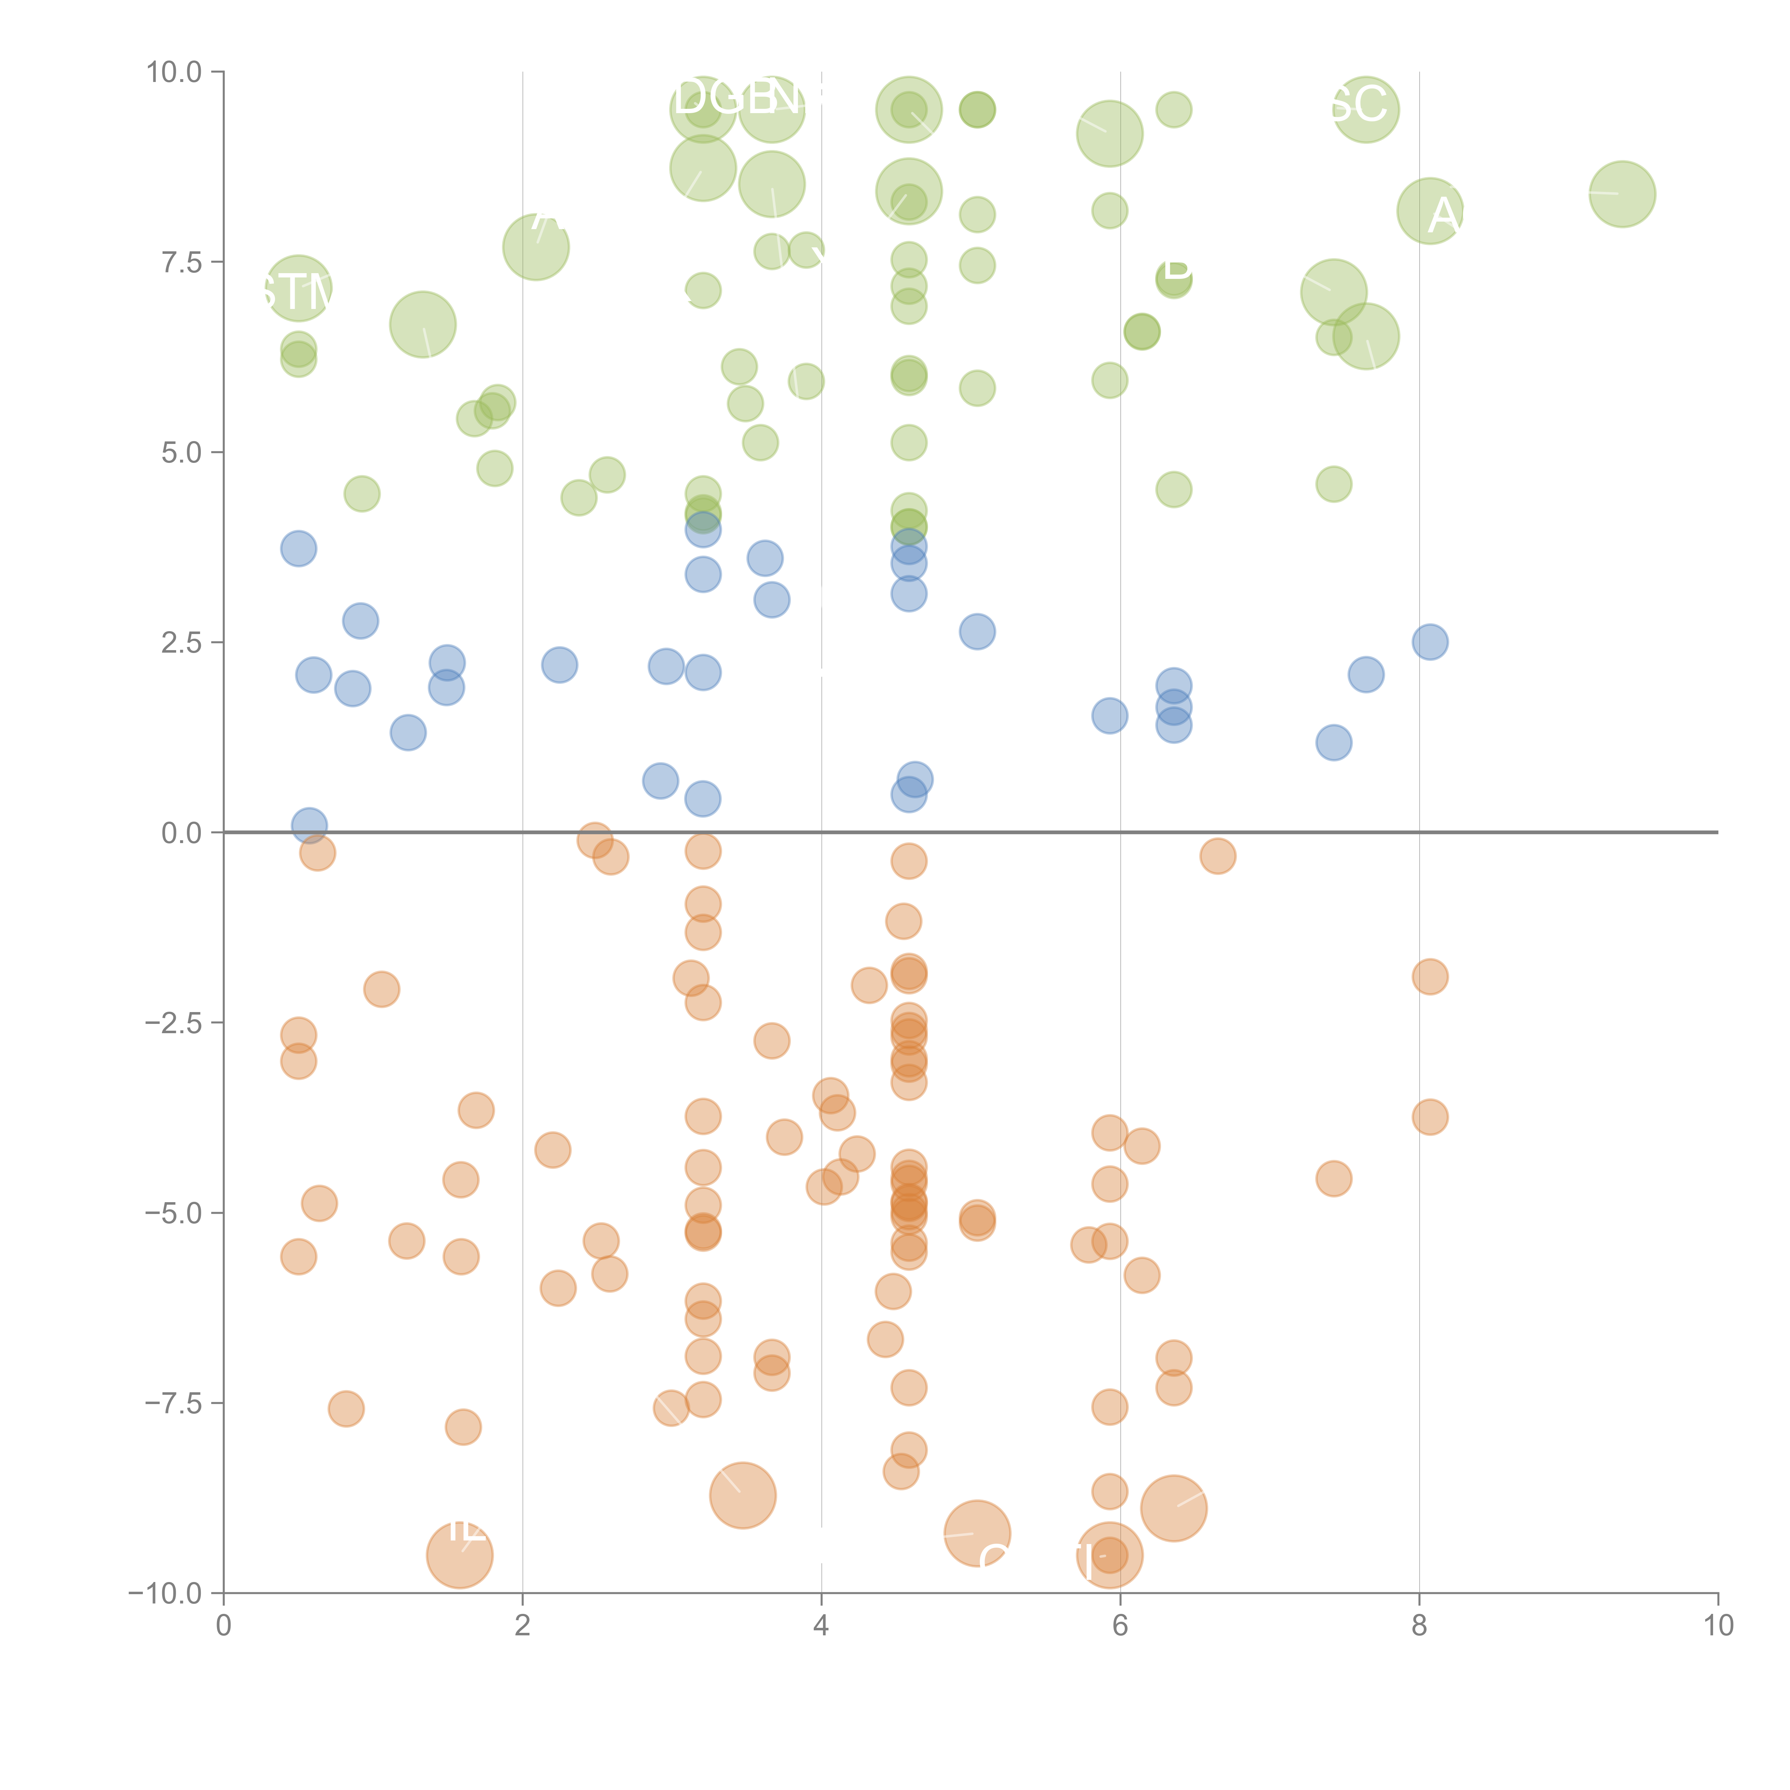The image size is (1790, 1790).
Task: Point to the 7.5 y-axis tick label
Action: (x=181, y=262)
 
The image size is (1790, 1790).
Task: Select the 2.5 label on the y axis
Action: (x=181, y=642)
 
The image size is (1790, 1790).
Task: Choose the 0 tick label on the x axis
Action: (x=223, y=1626)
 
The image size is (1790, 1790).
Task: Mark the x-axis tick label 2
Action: (x=523, y=1626)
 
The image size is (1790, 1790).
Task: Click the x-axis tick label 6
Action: (x=1120, y=1626)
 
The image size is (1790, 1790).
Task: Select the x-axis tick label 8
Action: (x=1419, y=1626)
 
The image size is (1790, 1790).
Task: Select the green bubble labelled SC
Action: (x=1366, y=109)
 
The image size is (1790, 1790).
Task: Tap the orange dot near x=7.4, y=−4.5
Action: (x=1333, y=1179)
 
